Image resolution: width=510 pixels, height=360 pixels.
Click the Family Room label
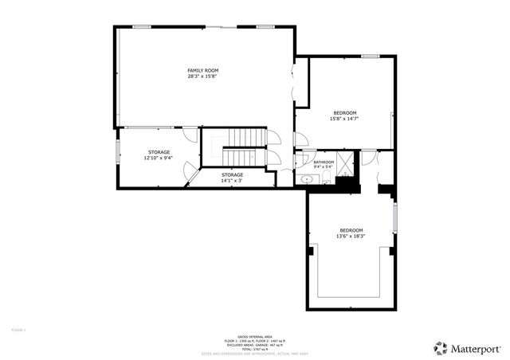[x=202, y=70]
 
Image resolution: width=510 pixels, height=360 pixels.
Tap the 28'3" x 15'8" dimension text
[x=202, y=77]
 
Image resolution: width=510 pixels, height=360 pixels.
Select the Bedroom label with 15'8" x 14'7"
[x=344, y=112]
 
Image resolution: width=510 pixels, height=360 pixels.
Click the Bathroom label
[x=323, y=162]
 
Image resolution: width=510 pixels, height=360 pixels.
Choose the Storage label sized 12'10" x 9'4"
[x=159, y=151]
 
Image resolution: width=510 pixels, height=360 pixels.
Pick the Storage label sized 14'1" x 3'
[x=232, y=174]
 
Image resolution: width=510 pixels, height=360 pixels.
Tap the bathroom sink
[x=307, y=181]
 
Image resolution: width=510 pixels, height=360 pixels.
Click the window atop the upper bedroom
[x=369, y=56]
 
